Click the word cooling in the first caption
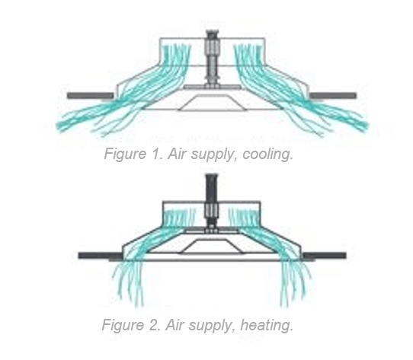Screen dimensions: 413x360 [x=268, y=154]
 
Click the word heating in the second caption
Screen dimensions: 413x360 [x=267, y=325]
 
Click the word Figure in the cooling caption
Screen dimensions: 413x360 [x=125, y=154]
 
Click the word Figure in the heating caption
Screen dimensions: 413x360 [x=123, y=325]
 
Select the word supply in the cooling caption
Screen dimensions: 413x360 [x=212, y=155]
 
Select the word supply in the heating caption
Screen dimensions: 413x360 [x=210, y=326]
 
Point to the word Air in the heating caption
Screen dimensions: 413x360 [x=175, y=325]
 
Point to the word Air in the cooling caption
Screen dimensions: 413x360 [x=178, y=154]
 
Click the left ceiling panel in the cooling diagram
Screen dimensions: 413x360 [x=91, y=96]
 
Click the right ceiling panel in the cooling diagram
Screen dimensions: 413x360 [x=333, y=96]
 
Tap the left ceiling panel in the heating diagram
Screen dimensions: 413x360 [x=101, y=255]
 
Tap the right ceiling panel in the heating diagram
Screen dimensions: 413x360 [x=325, y=255]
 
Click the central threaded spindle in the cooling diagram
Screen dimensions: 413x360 [x=213, y=59]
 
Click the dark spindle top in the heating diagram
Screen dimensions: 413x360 [x=212, y=189]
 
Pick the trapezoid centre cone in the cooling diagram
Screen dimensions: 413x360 [x=213, y=104]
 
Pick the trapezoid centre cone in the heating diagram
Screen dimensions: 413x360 [x=213, y=247]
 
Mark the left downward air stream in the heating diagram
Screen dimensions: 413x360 [x=129, y=283]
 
